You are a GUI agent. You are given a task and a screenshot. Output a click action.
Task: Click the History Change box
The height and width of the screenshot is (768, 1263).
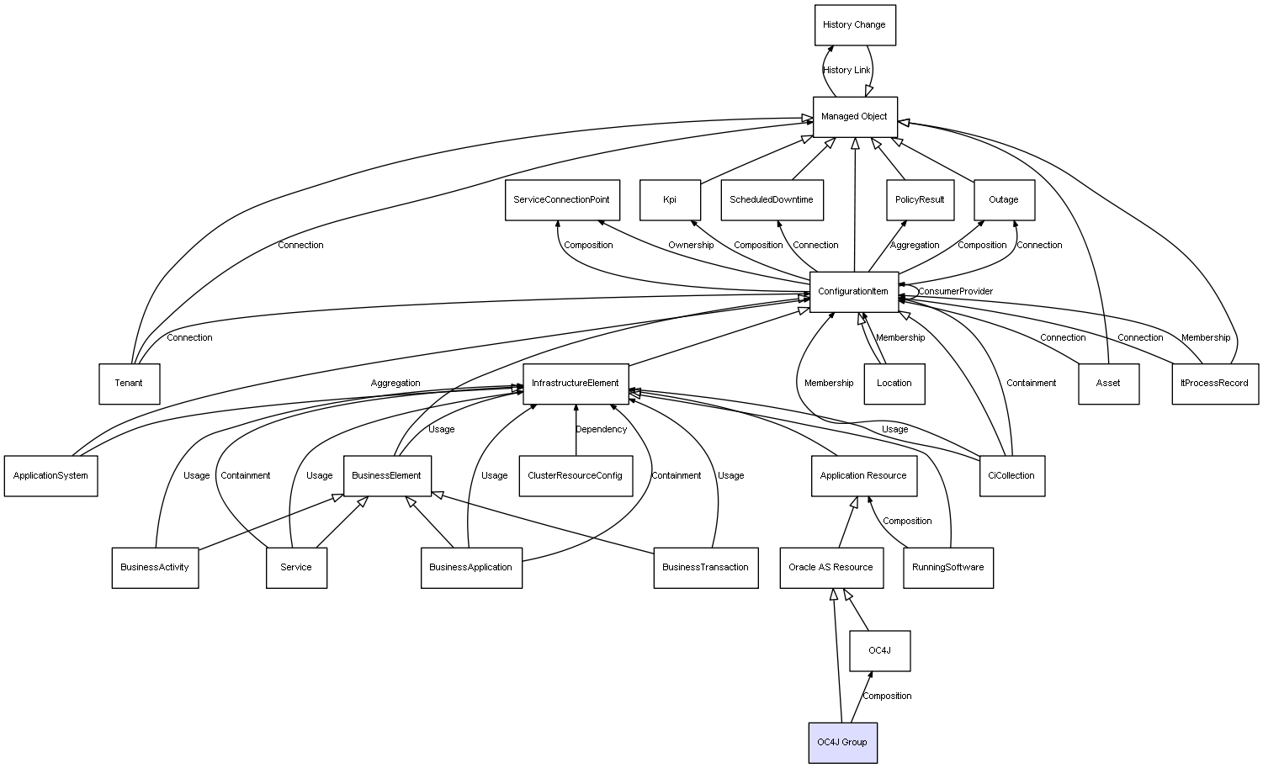(854, 25)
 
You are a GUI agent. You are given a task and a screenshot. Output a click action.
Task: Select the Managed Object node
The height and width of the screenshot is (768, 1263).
(854, 117)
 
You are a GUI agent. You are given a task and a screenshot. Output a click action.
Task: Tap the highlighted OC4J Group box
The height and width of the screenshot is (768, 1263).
(842, 743)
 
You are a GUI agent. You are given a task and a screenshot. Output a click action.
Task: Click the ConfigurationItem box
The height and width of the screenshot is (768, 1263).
(853, 292)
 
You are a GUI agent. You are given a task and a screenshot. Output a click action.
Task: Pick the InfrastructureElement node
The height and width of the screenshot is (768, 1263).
(576, 384)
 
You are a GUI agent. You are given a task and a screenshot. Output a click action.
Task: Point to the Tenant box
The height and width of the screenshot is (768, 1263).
(129, 384)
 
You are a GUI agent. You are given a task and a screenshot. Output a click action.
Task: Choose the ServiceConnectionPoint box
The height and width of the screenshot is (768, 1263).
(562, 200)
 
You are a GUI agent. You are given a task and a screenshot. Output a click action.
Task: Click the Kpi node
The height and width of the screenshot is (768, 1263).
(670, 200)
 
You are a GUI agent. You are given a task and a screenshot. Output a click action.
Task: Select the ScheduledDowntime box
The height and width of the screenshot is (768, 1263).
(772, 200)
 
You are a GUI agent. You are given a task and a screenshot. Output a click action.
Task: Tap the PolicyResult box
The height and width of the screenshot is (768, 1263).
(920, 200)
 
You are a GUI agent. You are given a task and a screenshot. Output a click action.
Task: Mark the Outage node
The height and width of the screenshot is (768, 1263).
(1004, 200)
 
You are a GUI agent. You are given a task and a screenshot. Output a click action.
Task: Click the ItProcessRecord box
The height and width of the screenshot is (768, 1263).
(1215, 384)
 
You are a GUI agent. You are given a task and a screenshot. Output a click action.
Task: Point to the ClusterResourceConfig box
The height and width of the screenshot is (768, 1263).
(576, 476)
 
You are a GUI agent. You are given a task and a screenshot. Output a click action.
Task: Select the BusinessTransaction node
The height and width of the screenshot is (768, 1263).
(705, 568)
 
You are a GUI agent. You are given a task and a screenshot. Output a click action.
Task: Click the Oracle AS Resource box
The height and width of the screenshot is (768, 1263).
(831, 568)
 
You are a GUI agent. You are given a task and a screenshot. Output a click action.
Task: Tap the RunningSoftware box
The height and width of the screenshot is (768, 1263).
(948, 568)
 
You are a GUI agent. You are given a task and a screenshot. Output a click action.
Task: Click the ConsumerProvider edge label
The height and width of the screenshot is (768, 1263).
(956, 292)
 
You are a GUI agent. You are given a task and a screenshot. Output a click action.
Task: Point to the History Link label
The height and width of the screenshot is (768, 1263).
(846, 71)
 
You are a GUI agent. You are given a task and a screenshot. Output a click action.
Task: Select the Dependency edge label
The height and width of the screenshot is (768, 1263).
(601, 430)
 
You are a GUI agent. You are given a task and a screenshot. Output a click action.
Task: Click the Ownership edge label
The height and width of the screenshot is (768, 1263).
(691, 246)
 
